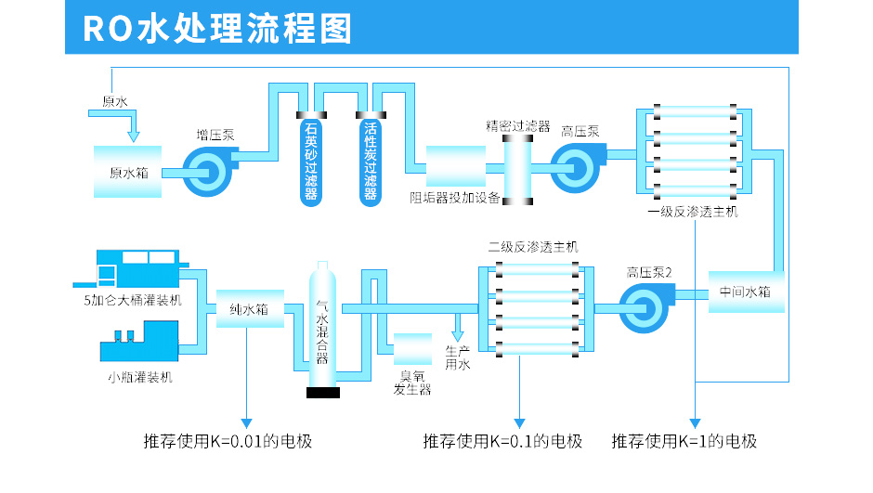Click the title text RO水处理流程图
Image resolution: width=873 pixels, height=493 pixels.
coord(217,28)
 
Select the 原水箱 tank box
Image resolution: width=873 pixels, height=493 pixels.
coord(128,172)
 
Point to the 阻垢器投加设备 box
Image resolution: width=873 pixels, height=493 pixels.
coord(455,167)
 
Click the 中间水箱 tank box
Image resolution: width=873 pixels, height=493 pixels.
coord(746,292)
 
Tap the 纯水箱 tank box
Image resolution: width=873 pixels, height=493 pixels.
coord(249,309)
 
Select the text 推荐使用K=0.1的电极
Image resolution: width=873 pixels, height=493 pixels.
coord(502,441)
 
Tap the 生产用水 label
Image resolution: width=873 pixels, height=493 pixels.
coord(458,357)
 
